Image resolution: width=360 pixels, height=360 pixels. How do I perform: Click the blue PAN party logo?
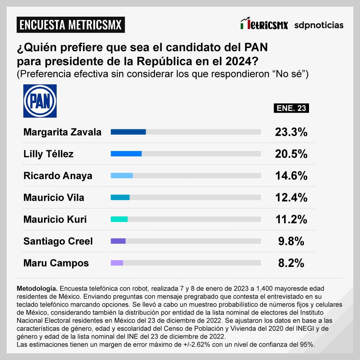tap(40, 101)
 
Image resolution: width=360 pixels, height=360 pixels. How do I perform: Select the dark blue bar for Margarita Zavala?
tap(128, 132)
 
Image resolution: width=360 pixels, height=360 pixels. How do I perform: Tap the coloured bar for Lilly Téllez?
tap(126, 154)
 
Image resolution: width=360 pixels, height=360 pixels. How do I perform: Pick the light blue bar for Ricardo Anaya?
tap(122, 176)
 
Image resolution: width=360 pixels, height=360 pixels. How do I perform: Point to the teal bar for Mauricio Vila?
tap(120, 197)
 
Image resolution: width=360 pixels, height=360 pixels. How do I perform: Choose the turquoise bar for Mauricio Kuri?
tap(119, 219)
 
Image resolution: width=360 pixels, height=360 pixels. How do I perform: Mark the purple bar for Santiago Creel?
tap(118, 241)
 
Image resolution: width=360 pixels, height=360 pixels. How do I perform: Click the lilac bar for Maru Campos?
tap(117, 263)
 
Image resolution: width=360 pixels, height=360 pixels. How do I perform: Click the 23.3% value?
tap(291, 132)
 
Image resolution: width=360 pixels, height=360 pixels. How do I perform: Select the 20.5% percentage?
tap(291, 154)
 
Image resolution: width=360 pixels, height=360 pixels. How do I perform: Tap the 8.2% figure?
tap(291, 263)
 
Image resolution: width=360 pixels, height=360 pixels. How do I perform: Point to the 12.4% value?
tap(291, 198)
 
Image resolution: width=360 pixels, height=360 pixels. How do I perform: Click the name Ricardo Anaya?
tap(58, 176)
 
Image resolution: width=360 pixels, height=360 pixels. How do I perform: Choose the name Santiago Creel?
tap(58, 241)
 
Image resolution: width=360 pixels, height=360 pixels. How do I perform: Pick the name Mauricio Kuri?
tap(55, 219)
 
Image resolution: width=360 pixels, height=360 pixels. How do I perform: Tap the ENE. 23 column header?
tap(291, 108)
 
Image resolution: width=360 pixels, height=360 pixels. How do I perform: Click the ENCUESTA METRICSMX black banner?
tap(71, 25)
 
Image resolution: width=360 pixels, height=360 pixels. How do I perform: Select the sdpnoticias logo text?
tap(319, 25)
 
